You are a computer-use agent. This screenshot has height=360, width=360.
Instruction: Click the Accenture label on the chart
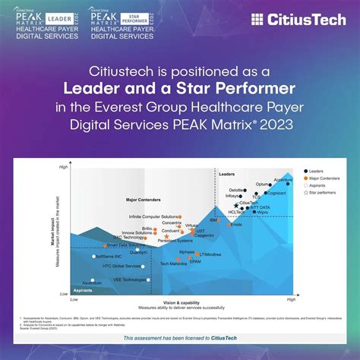point(283,181)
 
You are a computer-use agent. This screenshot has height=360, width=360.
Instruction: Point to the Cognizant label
point(276,194)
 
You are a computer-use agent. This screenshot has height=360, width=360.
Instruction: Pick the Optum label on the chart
point(262,185)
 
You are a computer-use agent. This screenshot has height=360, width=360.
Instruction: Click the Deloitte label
point(237,190)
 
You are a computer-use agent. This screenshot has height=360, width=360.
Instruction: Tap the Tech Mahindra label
point(173,264)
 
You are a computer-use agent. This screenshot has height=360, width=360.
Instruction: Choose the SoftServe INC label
point(107,257)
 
